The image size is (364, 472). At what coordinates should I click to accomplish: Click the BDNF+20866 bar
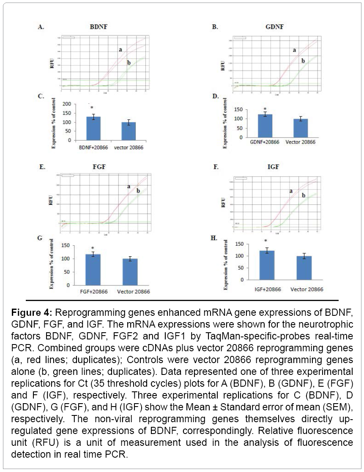pos(93,128)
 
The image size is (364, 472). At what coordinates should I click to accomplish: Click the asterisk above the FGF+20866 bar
pos(93,249)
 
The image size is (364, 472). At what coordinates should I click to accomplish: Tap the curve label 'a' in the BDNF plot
pos(120,50)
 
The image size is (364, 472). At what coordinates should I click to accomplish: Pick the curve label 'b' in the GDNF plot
pos(303,61)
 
